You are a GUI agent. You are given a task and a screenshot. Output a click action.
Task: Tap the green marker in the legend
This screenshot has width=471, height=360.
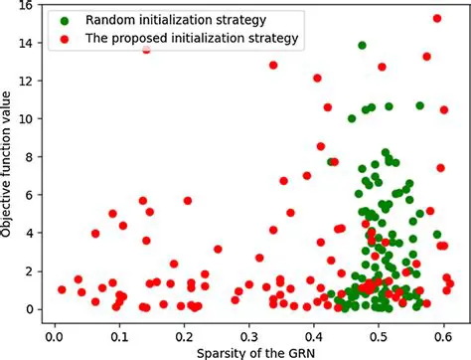point(66,19)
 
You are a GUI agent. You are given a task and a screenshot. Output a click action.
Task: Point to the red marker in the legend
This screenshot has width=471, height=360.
point(66,39)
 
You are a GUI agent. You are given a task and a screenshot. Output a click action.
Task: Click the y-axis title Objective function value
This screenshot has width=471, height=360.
point(9,162)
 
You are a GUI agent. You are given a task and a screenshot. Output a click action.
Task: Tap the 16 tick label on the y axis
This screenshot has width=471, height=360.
point(27,5)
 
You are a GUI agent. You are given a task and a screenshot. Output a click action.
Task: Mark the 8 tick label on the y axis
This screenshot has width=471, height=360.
point(31,156)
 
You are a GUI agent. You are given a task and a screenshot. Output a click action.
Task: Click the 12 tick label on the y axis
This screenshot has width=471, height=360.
point(27,81)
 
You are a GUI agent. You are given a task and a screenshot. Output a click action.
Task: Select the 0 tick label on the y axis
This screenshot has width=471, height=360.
point(31,309)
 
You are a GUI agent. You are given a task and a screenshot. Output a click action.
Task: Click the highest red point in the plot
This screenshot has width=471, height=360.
point(437,18)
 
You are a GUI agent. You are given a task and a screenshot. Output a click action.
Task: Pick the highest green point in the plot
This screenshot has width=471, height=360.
point(362,46)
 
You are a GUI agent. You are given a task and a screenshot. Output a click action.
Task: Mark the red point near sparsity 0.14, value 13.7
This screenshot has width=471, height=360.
point(147,49)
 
